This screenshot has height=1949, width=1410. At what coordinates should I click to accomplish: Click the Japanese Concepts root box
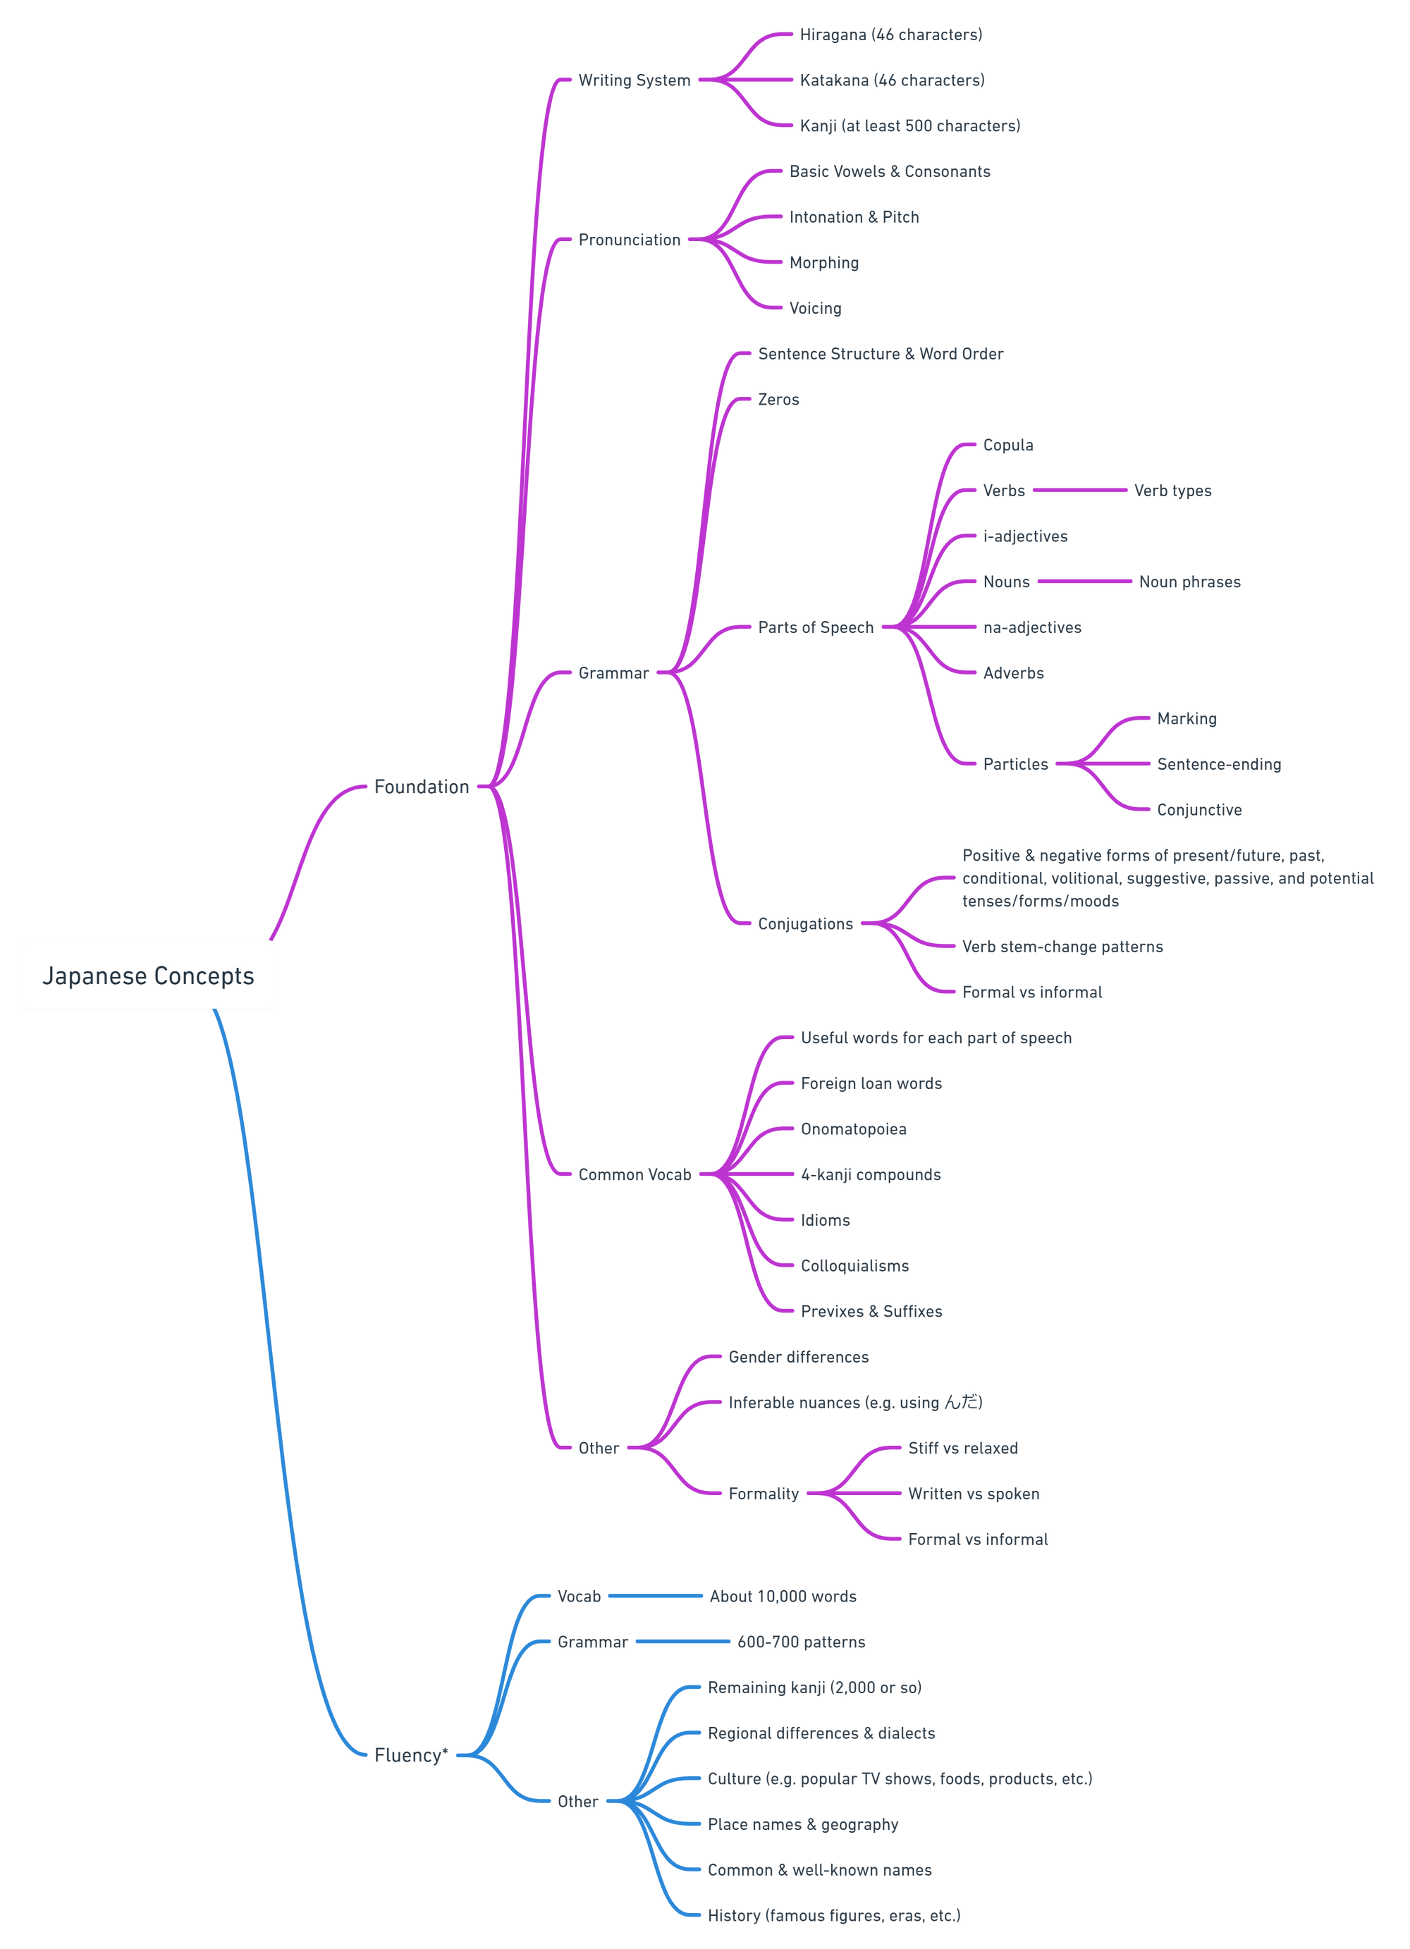[x=148, y=976]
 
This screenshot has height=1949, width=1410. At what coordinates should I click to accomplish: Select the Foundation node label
[x=421, y=787]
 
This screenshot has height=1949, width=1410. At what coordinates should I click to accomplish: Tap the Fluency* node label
[x=411, y=1754]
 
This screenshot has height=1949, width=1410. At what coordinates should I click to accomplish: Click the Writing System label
[x=633, y=80]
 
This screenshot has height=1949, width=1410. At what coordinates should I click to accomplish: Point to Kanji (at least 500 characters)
[x=909, y=125]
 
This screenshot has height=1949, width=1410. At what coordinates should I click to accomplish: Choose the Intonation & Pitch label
[x=853, y=216]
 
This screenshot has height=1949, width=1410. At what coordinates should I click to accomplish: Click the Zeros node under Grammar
[x=778, y=399]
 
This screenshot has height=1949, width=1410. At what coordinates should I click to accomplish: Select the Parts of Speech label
[x=814, y=627]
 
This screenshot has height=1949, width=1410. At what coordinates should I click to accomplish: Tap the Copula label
[x=1007, y=444]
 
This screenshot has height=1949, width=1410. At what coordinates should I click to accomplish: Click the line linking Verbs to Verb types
[x=1079, y=490]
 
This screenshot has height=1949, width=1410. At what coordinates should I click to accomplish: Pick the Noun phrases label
[x=1189, y=582]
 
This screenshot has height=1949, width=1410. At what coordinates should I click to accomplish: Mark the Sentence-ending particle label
[x=1218, y=764]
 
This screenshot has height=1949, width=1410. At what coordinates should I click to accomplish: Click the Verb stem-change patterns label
[x=1062, y=946]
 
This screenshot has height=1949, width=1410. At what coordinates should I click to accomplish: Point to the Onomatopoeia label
[x=852, y=1129]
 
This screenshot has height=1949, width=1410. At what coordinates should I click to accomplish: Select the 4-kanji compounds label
[x=869, y=1174]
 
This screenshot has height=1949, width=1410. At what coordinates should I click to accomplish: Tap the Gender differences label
[x=797, y=1357]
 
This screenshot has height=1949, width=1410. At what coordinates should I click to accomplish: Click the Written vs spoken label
[x=973, y=1494]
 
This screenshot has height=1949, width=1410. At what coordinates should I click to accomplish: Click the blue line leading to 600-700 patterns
[x=682, y=1642]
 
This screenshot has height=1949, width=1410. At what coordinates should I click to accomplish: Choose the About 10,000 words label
[x=782, y=1596]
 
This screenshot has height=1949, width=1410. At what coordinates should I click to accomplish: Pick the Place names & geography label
[x=802, y=1824]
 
